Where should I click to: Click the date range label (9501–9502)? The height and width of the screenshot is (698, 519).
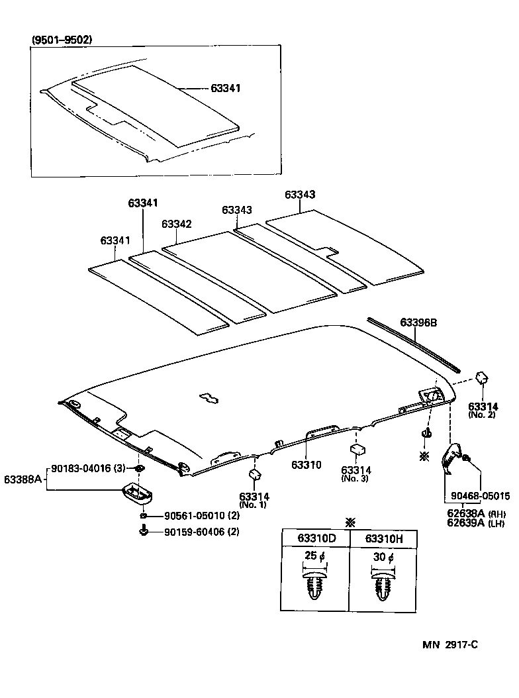tap(62, 40)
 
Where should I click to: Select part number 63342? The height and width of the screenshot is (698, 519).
tap(177, 224)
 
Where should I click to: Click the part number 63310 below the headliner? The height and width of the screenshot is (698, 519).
tap(306, 465)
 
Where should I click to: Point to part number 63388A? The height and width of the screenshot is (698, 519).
tap(23, 478)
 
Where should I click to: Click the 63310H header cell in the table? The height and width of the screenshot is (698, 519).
tap(384, 538)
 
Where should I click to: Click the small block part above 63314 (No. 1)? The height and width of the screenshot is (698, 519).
tap(254, 474)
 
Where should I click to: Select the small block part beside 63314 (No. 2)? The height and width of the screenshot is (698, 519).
tap(483, 377)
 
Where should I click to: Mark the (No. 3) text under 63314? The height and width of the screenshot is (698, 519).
tap(355, 478)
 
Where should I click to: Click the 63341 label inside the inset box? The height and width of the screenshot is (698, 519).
tap(226, 87)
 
